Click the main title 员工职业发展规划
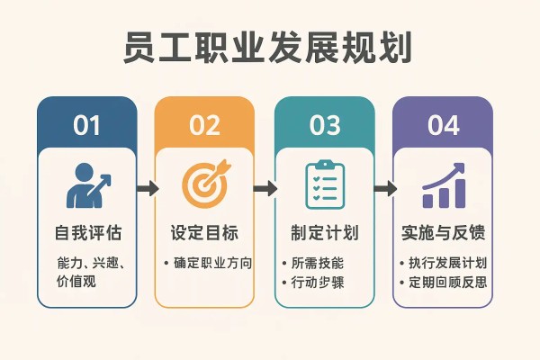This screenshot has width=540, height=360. (267, 47)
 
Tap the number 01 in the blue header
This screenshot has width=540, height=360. (86, 125)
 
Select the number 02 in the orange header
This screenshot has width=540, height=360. (204, 125)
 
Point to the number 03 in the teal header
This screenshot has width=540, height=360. (325, 125)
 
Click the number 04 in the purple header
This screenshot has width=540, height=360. (443, 125)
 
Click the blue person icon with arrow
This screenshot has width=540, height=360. (88, 185)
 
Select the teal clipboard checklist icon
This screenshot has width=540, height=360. (325, 184)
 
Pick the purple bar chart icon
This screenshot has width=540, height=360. (444, 185)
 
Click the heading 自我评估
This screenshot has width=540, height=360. (88, 233)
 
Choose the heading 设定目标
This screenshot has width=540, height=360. (204, 233)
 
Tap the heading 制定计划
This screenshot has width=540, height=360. (325, 233)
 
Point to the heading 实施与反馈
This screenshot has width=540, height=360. (443, 233)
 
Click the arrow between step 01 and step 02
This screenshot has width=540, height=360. (148, 188)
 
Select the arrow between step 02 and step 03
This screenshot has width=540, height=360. (265, 188)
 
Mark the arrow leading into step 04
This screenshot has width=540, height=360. (385, 188)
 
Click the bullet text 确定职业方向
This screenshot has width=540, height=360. (212, 263)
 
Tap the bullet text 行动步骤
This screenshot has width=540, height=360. (318, 283)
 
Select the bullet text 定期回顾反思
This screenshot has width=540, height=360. (447, 283)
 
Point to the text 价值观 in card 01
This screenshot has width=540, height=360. (76, 282)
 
